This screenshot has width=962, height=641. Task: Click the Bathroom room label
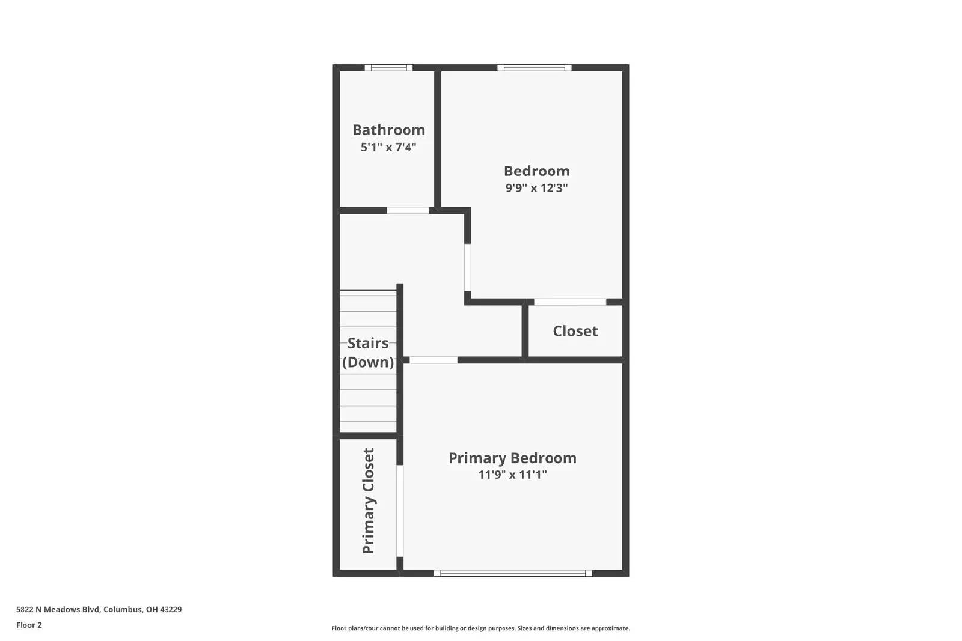(388, 130)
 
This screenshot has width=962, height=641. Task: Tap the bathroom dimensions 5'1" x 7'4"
(388, 147)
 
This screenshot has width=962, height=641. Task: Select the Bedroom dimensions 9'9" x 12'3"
(536, 187)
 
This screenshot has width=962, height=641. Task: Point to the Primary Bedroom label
(512, 458)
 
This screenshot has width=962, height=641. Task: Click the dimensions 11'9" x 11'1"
(512, 475)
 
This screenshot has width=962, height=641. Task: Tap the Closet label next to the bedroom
(575, 331)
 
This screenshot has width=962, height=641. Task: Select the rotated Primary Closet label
(368, 500)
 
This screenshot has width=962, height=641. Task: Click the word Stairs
(368, 343)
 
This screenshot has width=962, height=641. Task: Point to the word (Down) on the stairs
(368, 362)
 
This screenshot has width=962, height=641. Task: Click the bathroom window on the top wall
(388, 68)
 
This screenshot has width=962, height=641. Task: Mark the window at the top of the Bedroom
(534, 68)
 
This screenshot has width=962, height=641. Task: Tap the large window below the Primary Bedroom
(513, 573)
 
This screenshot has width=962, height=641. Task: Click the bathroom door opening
(408, 210)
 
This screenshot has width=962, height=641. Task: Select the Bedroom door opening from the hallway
(468, 267)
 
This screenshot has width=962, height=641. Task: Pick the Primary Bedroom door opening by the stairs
(434, 360)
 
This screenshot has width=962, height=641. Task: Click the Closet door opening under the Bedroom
(570, 302)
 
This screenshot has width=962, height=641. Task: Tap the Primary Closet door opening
(400, 511)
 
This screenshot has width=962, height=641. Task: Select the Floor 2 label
(29, 625)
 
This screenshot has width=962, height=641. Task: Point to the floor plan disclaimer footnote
(480, 628)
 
